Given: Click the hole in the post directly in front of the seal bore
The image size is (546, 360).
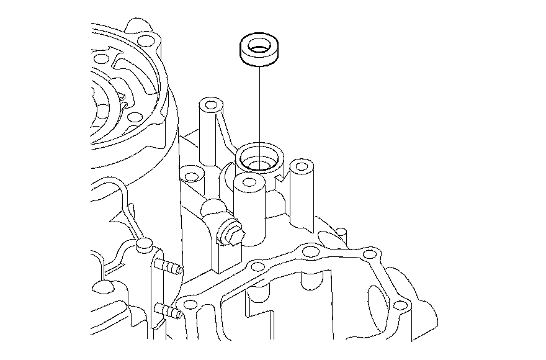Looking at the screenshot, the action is [x=249, y=182].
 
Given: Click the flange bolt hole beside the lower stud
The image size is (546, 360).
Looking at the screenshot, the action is [x=190, y=305].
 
